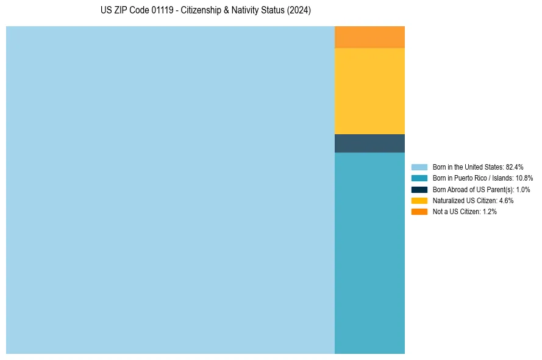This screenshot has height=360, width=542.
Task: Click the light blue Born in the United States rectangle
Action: (170, 190)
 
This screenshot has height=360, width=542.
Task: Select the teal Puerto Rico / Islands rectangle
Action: (369, 253)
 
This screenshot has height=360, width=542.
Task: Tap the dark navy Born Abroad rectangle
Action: (369, 143)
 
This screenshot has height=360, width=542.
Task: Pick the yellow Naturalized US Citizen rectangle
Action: (369, 91)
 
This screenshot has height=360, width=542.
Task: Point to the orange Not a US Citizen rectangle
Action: (369, 37)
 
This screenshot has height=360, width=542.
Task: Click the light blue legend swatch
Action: (419, 167)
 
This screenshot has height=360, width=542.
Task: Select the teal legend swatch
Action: (419, 178)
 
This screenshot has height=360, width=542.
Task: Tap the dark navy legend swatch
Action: (419, 189)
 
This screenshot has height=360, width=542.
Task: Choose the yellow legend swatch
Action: (419, 200)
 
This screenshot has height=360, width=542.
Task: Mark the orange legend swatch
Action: (419, 212)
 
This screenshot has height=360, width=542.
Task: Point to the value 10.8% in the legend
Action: (524, 178)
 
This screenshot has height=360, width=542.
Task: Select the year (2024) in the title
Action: (299, 10)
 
